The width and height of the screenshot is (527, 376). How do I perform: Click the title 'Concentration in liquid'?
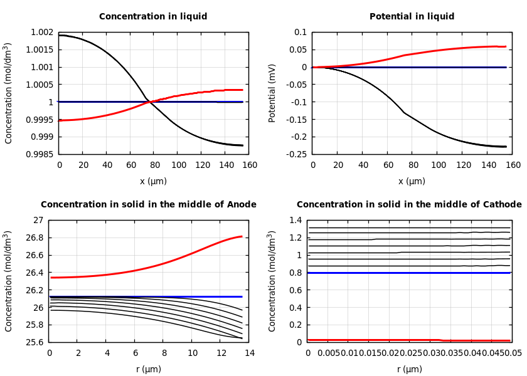pyautogui.click(x=153, y=17)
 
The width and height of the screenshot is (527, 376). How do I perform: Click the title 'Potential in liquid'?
pyautogui.click(x=412, y=17)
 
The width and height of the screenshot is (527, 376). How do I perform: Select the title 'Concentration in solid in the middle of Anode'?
pyautogui.click(x=149, y=205)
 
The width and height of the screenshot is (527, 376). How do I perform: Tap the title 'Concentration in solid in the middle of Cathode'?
pyautogui.click(x=409, y=205)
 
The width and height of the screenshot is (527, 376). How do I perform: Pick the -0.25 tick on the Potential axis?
pyautogui.click(x=296, y=154)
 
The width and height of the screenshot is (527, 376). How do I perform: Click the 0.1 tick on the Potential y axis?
pyautogui.click(x=301, y=33)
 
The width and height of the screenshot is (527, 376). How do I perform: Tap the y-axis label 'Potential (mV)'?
pyautogui.click(x=272, y=93)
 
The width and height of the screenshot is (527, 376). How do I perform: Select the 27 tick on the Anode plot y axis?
pyautogui.click(x=39, y=221)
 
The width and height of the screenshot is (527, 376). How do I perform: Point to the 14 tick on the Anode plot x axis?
pyautogui.click(x=249, y=353)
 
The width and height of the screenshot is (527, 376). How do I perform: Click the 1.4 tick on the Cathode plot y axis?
pyautogui.click(x=295, y=221)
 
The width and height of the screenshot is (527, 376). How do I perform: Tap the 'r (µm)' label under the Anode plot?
pyautogui.click(x=149, y=369)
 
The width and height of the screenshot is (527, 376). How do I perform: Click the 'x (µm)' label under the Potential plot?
pyautogui.click(x=412, y=181)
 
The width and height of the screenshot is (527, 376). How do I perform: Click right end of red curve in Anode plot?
pyautogui.click(x=242, y=236)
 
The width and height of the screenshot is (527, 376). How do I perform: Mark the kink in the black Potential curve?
pyautogui.click(x=403, y=113)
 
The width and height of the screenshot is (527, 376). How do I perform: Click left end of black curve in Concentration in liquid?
pyautogui.click(x=59, y=35)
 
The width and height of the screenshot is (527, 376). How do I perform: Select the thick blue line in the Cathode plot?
pyautogui.click(x=408, y=273)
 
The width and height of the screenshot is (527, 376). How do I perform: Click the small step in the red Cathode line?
pyautogui.click(x=441, y=340)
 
